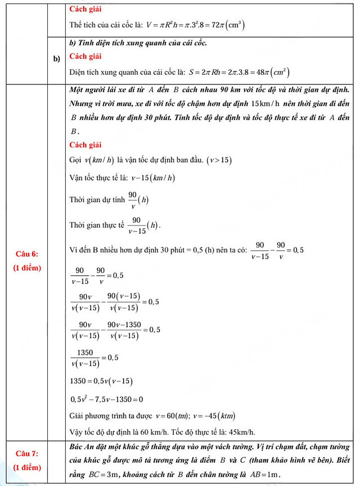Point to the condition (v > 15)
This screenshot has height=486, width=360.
(x=219, y=160)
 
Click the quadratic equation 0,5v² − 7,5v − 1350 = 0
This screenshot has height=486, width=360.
(x=106, y=400)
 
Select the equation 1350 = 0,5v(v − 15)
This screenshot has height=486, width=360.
(x=101, y=381)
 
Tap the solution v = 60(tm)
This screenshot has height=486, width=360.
(x=165, y=417)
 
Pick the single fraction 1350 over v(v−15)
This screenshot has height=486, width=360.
(x=85, y=358)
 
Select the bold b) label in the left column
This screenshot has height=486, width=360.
(x=56, y=58)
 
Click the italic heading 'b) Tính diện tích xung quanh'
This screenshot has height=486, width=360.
(x=138, y=43)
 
